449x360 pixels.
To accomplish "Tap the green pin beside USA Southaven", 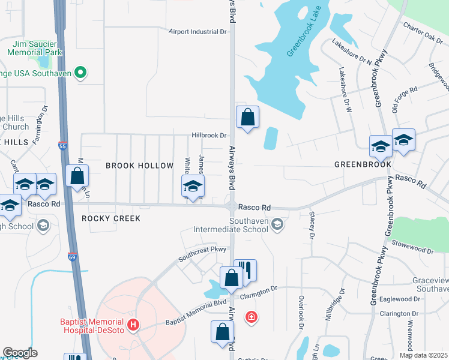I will click(80, 74).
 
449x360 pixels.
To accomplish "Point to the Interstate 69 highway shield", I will click(72, 256).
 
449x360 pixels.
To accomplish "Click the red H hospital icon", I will click(135, 326).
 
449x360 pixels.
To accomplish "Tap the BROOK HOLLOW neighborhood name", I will click(131, 166).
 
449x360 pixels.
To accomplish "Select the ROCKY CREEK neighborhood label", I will click(111, 218).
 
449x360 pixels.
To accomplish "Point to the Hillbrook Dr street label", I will click(209, 136).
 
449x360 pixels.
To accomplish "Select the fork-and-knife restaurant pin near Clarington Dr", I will click(245, 270).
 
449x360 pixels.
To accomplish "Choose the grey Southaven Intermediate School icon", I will click(277, 224).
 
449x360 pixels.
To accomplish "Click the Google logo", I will click(20, 353).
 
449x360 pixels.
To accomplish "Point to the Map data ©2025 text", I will click(423, 355).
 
